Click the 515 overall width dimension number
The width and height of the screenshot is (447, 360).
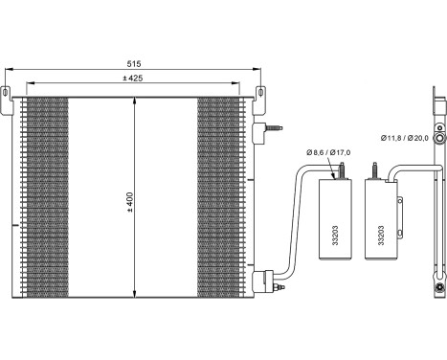pyautogui.click(x=134, y=64)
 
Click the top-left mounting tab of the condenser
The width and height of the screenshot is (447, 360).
pyautogui.click(x=10, y=95)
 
